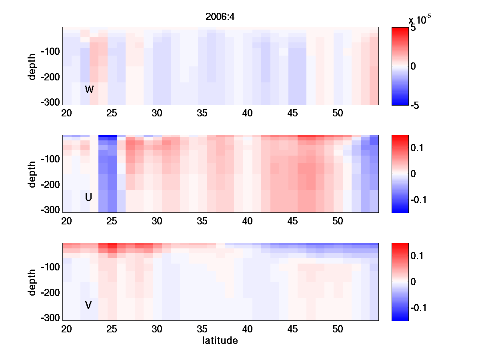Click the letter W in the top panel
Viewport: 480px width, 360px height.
tap(89, 90)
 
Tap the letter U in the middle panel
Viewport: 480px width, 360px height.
tap(89, 197)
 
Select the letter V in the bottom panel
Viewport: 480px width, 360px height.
tap(88, 305)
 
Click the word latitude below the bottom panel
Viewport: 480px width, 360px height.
tap(220, 341)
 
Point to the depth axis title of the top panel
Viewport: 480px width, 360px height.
tap(32, 66)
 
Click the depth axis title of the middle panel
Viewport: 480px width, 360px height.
tap(32, 174)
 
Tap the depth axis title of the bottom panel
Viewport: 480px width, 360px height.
tap(32, 282)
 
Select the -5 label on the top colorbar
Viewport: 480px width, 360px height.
tap(415, 106)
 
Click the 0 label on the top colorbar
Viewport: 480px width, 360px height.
tap(413, 66)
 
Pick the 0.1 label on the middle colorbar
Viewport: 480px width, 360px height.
tap(418, 148)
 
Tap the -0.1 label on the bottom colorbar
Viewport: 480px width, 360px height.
tap(420, 308)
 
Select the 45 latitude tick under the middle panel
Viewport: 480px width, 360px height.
tap(293, 221)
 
